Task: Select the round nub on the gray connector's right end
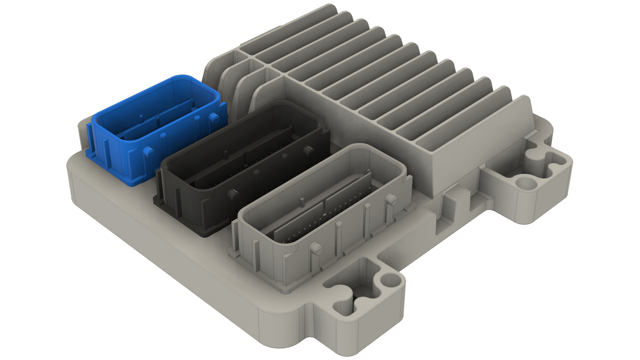click(x=391, y=200)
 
